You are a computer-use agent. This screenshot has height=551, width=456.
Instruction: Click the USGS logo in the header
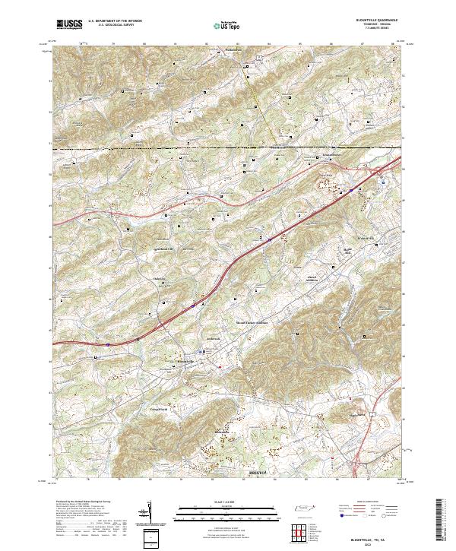pos(69,25)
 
